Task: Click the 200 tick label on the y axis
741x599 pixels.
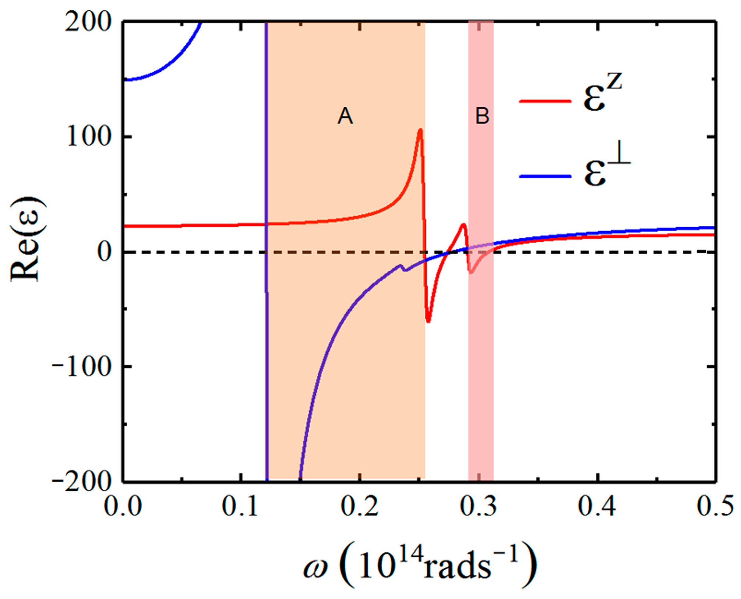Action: click(88, 24)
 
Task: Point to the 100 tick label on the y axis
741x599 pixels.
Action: click(88, 139)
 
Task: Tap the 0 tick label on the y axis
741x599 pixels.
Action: click(105, 253)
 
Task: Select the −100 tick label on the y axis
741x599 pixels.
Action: click(82, 367)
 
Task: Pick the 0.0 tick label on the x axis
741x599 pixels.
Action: click(123, 507)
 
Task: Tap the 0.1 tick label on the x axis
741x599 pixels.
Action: click(241, 507)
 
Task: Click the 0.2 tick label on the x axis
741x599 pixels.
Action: click(360, 507)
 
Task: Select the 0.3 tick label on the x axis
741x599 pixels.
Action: click(478, 507)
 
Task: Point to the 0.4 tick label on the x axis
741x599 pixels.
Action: click(597, 507)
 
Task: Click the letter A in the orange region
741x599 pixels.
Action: click(345, 117)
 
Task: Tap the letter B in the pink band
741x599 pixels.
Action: click(482, 116)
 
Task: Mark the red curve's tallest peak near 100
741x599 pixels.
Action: click(420, 130)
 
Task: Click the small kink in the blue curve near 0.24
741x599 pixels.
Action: click(403, 268)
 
